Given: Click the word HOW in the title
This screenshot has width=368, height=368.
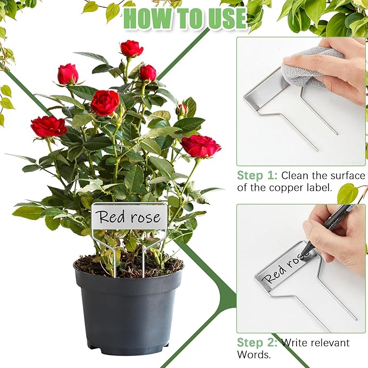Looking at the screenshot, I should coord(146,18).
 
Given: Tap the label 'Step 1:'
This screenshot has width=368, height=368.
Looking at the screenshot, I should coord(257,176).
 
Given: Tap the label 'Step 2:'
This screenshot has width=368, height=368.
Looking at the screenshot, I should coord(257,343).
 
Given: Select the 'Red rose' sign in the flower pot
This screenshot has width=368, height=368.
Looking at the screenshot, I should coord(129,217).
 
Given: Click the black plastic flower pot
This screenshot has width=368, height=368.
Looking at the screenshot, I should coord(128,309).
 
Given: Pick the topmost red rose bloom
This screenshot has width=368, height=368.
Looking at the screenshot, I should coord(132,49).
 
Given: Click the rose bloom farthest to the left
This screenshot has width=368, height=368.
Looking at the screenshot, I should coord(48,126).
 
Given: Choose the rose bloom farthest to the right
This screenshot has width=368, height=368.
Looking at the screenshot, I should coord(201,146).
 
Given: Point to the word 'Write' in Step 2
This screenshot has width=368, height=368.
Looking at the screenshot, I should coord(298,343).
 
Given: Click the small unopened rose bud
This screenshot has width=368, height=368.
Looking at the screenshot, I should coord(182,110).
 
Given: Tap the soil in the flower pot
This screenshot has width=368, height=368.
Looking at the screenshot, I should coord(128,266).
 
